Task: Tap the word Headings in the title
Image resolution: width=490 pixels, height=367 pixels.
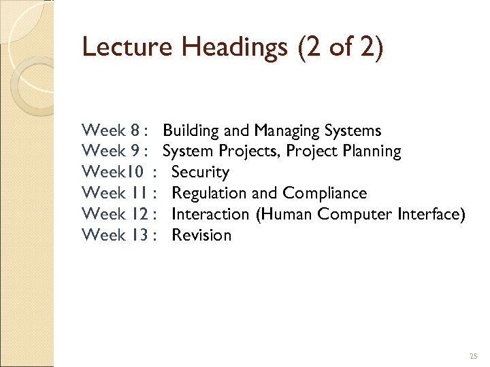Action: (217, 48)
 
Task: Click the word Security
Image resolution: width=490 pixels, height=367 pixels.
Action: (201, 173)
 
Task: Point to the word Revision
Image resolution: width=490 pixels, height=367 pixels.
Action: (201, 235)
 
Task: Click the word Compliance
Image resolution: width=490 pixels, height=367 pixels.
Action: (325, 194)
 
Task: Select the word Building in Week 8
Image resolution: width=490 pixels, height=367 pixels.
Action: (189, 130)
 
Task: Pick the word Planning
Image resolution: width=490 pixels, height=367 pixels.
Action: (371, 152)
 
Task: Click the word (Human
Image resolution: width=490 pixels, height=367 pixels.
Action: (286, 215)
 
